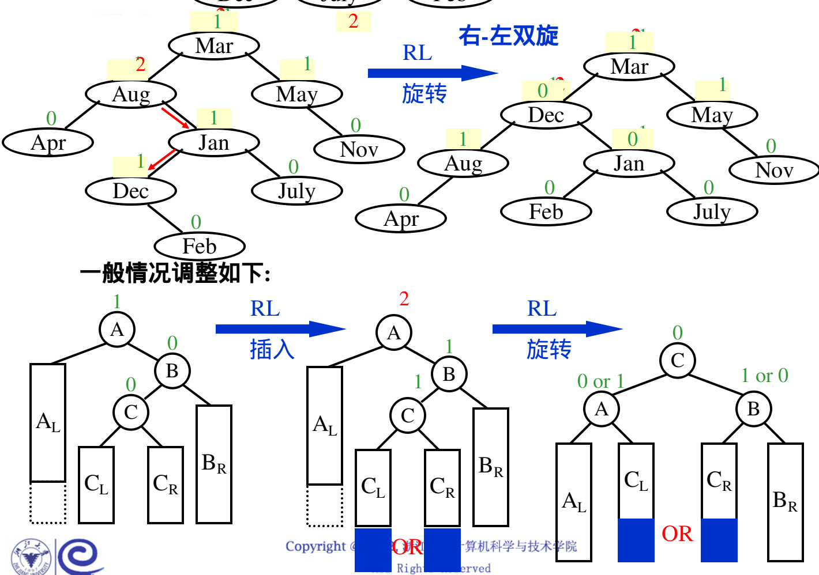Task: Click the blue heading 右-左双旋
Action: [508, 36]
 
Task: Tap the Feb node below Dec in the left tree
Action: [200, 246]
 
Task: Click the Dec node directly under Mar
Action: [546, 115]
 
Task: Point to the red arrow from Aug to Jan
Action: [175, 117]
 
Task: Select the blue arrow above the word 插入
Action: [280, 329]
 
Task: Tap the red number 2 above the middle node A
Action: [404, 298]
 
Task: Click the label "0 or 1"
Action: [600, 381]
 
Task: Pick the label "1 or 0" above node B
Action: [764, 376]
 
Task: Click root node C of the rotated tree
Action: [678, 360]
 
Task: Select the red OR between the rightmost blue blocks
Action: [677, 534]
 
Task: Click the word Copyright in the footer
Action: [315, 546]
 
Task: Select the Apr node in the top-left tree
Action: [48, 142]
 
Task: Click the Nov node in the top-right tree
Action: [774, 170]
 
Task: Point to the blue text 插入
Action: [272, 349]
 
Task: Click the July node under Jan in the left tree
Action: [297, 191]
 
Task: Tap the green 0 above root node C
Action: [678, 332]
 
